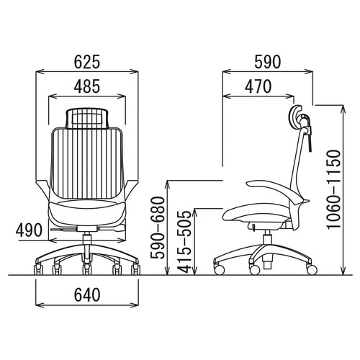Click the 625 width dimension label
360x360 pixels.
86,62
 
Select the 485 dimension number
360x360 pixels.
86,86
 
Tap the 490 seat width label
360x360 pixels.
29,230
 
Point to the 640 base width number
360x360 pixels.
87,294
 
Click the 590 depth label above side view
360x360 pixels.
268,62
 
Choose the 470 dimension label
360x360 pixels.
258,86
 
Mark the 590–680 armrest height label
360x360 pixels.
158,228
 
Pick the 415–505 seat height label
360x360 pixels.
185,242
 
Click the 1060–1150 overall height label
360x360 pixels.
334,189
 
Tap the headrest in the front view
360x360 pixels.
86,118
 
